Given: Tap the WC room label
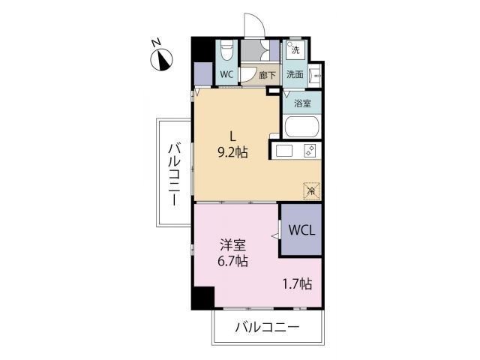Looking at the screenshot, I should click(x=226, y=74).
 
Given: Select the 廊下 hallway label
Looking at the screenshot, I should click(x=266, y=75).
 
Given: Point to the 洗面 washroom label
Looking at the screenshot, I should click(x=294, y=74).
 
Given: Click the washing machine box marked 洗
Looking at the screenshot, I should click(x=295, y=50).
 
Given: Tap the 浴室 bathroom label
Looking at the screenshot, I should click(x=304, y=103).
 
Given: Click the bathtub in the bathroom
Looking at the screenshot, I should click(x=302, y=127).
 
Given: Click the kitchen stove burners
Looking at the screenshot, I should click(x=309, y=151).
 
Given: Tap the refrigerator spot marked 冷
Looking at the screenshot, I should click(x=310, y=191).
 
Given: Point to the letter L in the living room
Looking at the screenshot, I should click(x=233, y=136).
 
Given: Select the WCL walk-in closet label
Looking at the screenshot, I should click(x=302, y=229).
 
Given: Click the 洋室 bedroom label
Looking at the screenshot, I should click(x=231, y=244).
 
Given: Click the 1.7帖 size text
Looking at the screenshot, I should click(x=297, y=283).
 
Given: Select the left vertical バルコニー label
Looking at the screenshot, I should click(x=173, y=173).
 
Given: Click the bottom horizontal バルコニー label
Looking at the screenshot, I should click(x=268, y=328).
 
